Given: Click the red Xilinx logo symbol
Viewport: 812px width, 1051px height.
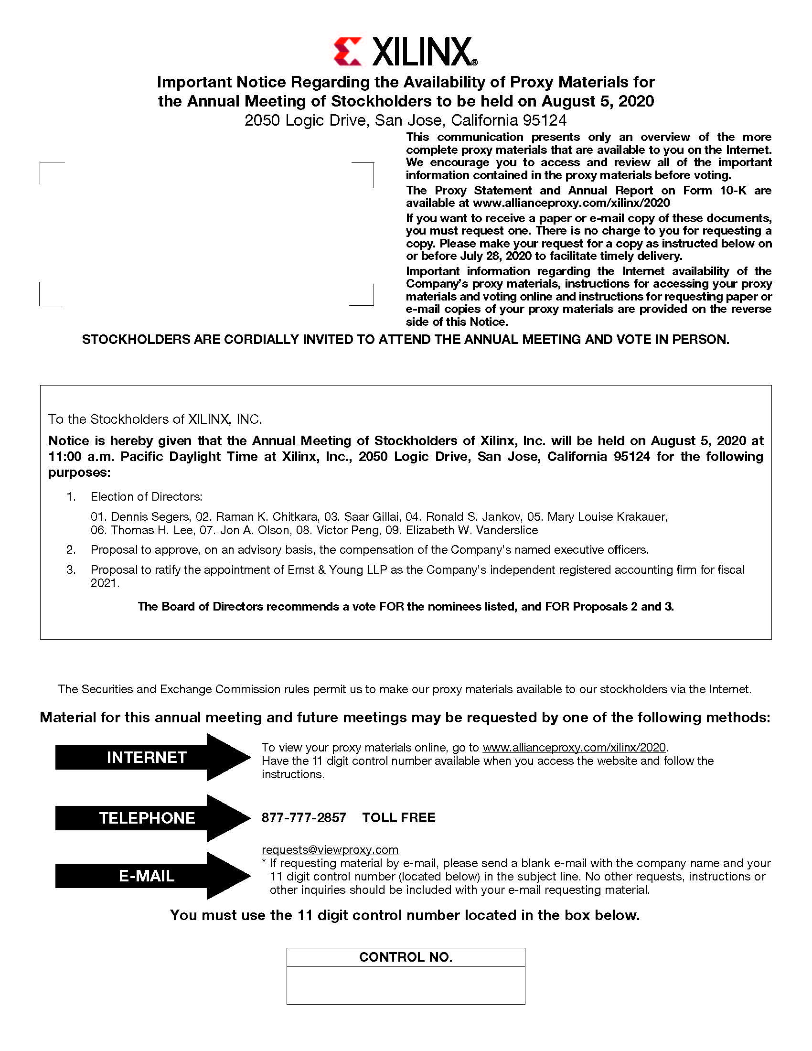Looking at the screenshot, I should pos(347,52).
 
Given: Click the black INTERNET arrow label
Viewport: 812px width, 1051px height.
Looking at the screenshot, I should pos(146,758).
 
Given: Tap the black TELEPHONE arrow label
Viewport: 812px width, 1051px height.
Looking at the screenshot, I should pos(146,818).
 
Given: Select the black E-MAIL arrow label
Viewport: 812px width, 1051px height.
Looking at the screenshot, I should pos(146,876).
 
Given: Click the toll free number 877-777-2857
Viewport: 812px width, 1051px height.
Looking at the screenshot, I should pos(303,817).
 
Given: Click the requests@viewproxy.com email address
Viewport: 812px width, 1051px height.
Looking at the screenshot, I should pos(330,850).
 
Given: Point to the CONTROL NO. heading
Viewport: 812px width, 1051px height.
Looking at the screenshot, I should pos(406,957).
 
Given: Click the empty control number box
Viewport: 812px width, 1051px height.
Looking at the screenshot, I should pos(406,985).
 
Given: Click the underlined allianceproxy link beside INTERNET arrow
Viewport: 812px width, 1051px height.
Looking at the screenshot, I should pos(574,747).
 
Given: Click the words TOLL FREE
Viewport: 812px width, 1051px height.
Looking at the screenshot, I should pos(398,817).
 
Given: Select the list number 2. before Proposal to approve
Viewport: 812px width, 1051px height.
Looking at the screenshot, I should pos(71,549).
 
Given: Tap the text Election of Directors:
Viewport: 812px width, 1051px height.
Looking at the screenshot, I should pos(146,497).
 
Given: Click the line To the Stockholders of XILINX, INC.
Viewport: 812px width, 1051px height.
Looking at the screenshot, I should pos(155,419).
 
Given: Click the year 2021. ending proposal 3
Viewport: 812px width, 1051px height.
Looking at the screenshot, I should pos(105,583).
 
